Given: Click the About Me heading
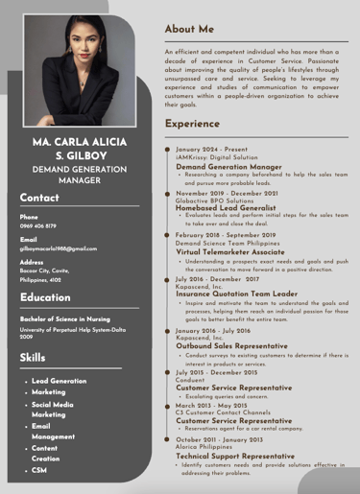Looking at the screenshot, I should coord(189,30).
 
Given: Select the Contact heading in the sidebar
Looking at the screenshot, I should coord(39,198).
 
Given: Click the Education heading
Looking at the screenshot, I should coord(45,297).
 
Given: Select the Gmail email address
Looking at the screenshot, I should coord(59,248).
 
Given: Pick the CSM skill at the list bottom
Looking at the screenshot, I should coord(39,470).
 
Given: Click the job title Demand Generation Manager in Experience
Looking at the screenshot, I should coord(228,167).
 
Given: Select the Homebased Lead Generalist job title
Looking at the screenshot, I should coord(226,207).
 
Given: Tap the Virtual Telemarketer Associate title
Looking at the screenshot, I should coord(234,251).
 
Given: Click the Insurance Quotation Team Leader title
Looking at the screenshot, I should coord(236,294).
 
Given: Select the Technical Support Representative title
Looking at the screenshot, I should coord(235,456).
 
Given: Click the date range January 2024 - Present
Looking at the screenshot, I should coord(211,150).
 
